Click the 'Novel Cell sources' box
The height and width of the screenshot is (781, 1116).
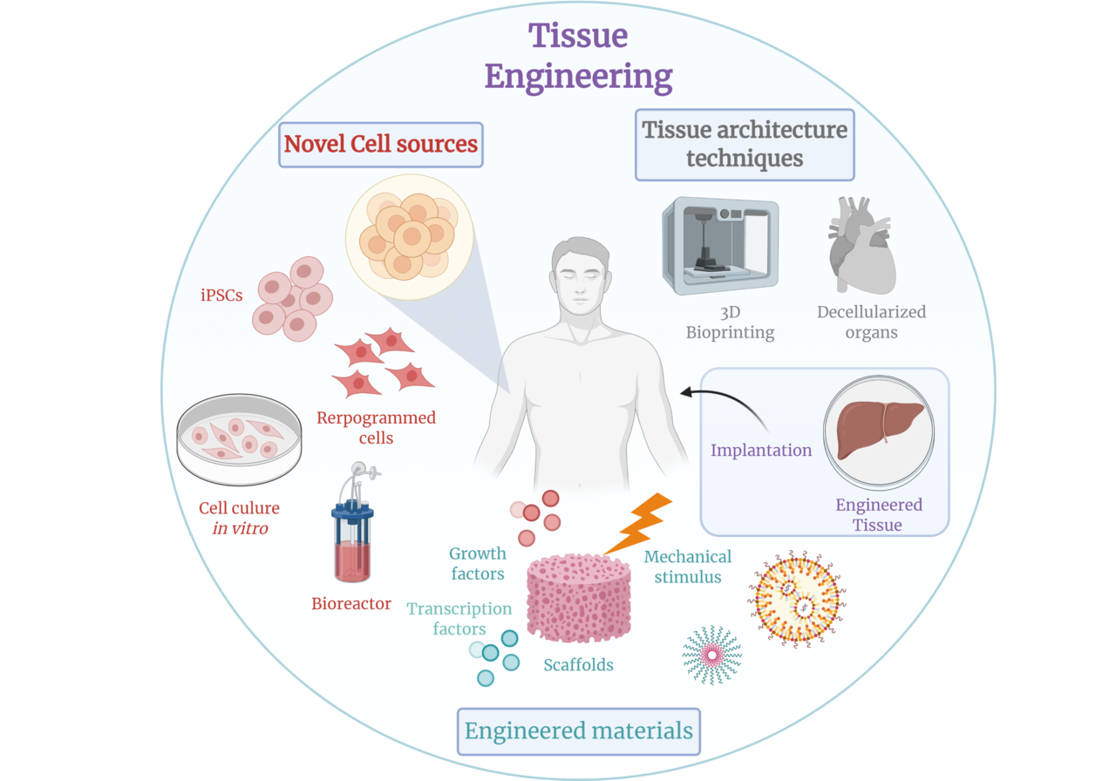(381, 145)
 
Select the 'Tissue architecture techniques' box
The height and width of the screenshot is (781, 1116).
(745, 145)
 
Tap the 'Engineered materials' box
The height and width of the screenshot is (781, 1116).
(578, 731)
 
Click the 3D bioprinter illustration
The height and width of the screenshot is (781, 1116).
(720, 246)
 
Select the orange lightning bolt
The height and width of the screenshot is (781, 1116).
(637, 524)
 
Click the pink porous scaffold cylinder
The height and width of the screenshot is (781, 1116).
(579, 598)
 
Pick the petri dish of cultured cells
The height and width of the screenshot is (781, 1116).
(239, 439)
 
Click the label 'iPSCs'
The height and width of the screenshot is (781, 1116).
(221, 295)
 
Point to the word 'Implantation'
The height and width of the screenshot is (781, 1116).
(761, 451)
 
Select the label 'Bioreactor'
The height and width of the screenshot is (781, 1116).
(351, 604)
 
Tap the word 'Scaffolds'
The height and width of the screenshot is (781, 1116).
(578, 665)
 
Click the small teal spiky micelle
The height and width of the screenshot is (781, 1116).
(712, 655)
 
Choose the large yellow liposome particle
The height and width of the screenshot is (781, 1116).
(796, 599)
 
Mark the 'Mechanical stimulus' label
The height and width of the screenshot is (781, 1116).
(688, 567)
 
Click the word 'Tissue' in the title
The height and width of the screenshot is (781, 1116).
(578, 36)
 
